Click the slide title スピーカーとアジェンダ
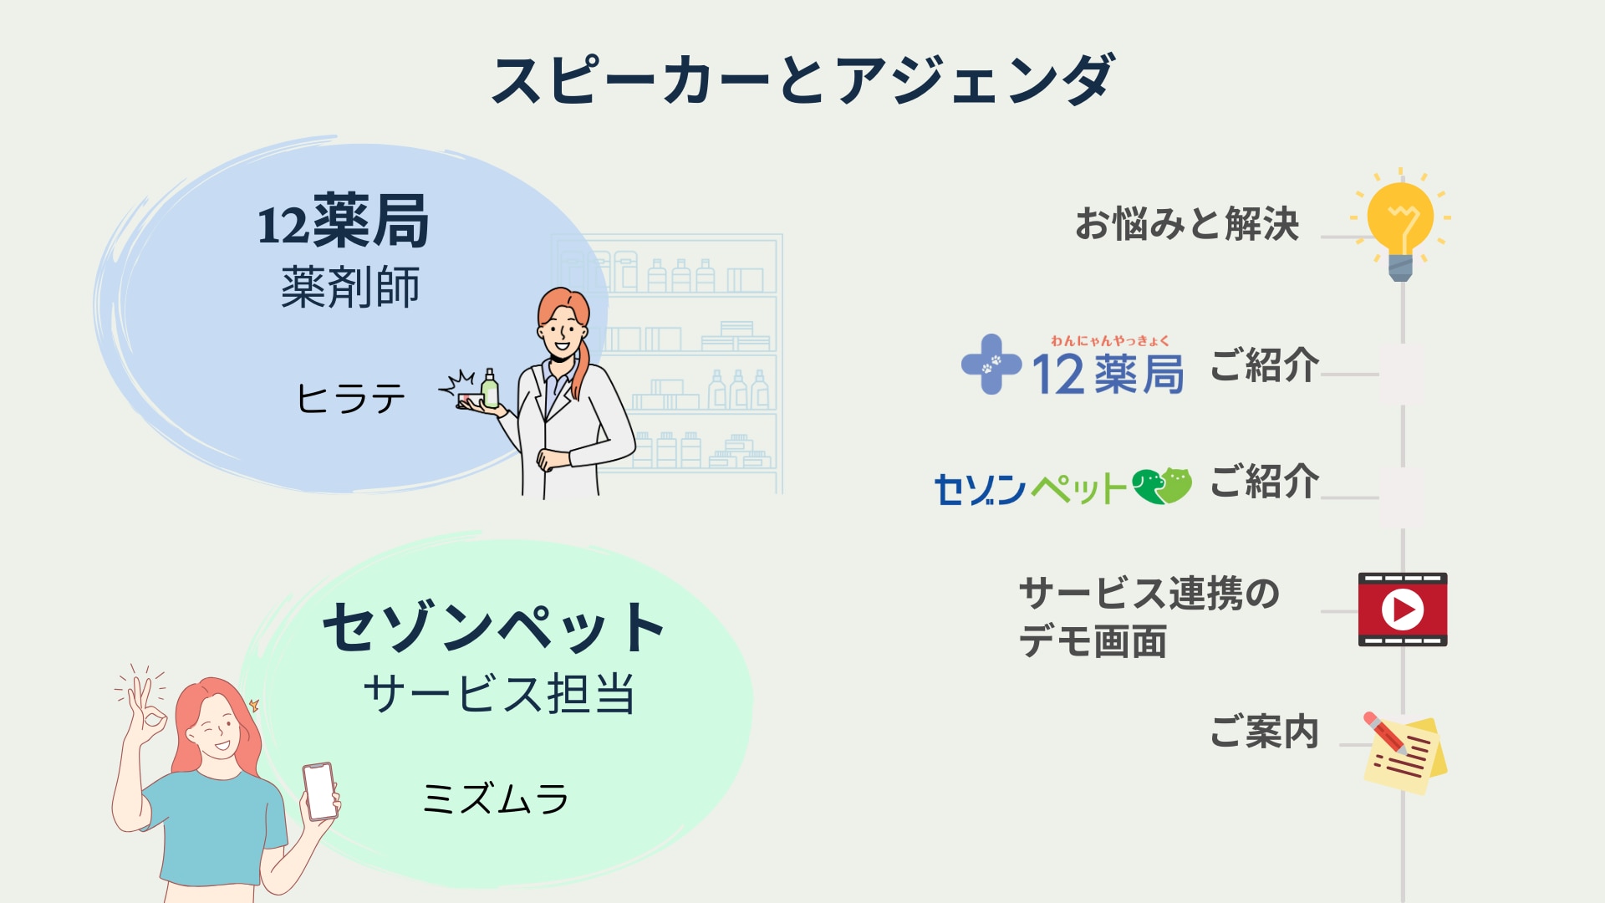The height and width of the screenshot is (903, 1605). point(802,80)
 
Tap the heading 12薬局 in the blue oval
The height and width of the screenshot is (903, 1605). point(344,222)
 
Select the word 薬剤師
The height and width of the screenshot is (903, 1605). point(350,288)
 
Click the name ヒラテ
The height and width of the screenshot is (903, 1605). point(351,398)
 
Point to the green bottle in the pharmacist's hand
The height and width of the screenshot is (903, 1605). point(489,390)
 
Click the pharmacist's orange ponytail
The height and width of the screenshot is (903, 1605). point(579,360)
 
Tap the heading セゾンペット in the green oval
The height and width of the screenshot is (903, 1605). point(493,627)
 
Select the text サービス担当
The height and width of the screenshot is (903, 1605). point(499,694)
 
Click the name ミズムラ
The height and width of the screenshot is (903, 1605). point(496,798)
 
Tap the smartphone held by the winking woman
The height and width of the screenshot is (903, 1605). point(320,791)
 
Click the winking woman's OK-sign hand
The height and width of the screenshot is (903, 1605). point(145,711)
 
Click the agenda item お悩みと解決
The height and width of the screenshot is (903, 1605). point(1187,224)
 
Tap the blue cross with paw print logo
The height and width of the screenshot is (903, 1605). point(991,364)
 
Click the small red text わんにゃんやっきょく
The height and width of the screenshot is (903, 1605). point(1110,340)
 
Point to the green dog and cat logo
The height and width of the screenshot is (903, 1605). point(1162,486)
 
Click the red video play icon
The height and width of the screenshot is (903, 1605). point(1403,610)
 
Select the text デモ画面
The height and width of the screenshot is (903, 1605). point(1093,642)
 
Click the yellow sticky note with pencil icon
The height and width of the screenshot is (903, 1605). point(1404,752)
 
